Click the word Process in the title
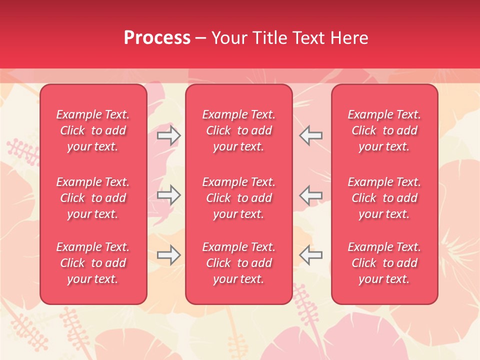tap(157, 38)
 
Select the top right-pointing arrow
tap(168, 135)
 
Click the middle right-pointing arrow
tap(168, 195)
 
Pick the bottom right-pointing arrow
tap(168, 255)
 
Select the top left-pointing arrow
tap(310, 135)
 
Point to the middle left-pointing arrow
tap(310, 195)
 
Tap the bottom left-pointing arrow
tap(310, 255)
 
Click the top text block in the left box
tap(93, 130)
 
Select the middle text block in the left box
tap(93, 198)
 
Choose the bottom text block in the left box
tap(93, 263)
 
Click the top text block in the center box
tap(239, 130)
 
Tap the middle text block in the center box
tap(239, 198)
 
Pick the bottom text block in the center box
tap(239, 263)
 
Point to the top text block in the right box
tap(384, 130)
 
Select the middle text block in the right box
tap(384, 198)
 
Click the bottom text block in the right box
tap(384, 263)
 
